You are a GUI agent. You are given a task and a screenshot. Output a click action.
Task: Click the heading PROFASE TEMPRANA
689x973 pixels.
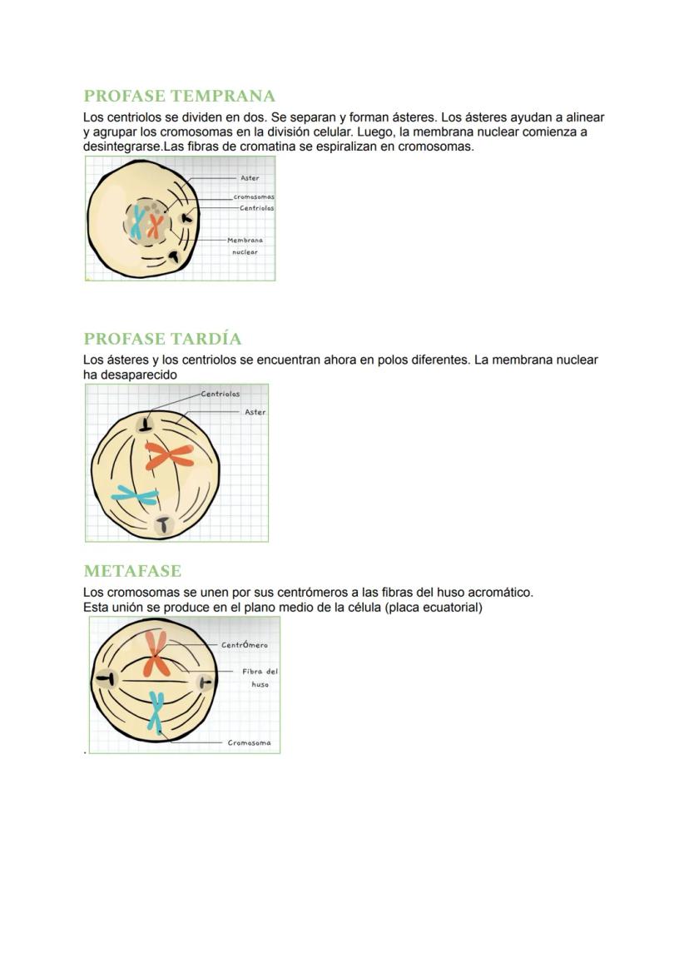[x=179, y=96]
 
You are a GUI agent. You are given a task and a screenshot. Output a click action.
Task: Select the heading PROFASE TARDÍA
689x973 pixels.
[x=162, y=339]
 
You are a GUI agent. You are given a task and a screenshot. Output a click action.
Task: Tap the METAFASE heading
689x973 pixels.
[x=132, y=571]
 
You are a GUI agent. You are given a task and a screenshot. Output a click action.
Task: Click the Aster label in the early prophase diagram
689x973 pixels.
[x=250, y=178]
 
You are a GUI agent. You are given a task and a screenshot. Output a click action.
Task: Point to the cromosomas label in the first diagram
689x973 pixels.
[x=254, y=197]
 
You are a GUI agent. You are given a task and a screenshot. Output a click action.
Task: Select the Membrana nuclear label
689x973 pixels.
[x=245, y=246]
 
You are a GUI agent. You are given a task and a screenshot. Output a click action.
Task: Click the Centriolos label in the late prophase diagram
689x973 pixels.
[x=221, y=394]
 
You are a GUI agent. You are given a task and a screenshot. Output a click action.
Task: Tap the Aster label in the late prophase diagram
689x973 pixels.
[x=255, y=412]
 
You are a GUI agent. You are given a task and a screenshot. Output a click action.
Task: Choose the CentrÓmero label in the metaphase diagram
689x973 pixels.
[x=245, y=645]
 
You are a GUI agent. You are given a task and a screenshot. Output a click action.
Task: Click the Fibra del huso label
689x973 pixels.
[x=260, y=678]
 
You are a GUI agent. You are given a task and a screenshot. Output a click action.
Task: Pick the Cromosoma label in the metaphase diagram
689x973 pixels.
[x=249, y=743]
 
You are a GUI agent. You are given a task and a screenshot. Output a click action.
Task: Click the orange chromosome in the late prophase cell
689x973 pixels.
[x=170, y=455]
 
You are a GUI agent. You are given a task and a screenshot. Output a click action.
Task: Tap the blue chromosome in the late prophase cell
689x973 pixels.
[x=136, y=496]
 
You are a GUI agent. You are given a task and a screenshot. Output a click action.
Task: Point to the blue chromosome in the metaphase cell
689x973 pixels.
[x=156, y=712]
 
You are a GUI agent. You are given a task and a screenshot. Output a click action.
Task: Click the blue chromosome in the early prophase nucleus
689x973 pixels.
[x=137, y=222]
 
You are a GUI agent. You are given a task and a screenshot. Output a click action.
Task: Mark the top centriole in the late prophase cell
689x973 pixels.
[x=146, y=424]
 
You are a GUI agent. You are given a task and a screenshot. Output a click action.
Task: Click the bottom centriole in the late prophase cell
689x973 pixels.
[x=163, y=524]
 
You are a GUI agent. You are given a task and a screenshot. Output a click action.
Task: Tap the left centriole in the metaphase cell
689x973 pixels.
[x=105, y=678]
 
